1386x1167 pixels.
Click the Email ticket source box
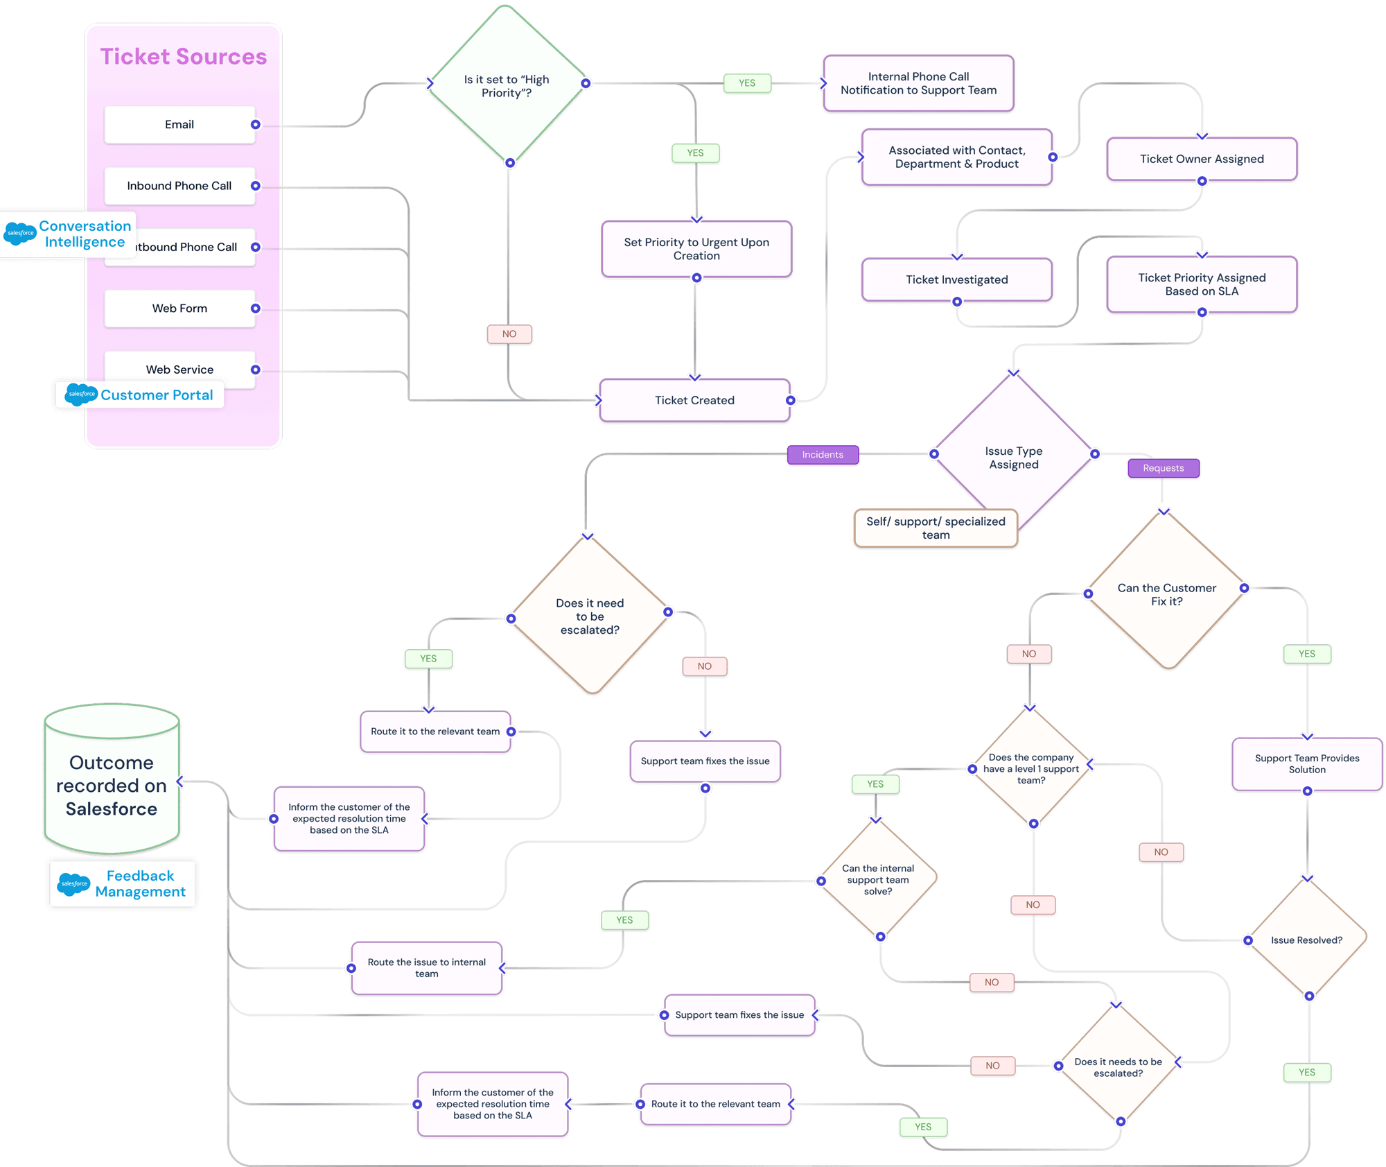[x=179, y=125]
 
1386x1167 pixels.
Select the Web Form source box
[x=179, y=309]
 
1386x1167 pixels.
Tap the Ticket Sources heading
[x=183, y=57]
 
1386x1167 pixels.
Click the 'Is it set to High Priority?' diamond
[x=507, y=86]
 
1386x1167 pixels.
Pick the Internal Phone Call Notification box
[x=918, y=84]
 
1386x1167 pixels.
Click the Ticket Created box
[x=694, y=401]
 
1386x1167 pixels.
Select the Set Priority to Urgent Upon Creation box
[x=696, y=249]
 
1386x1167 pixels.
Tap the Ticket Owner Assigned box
[x=1202, y=159]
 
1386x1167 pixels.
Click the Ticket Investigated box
[x=956, y=279]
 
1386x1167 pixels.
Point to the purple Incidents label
[x=823, y=455]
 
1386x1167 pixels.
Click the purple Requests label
[x=1163, y=468]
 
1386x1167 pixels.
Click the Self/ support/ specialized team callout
[x=936, y=528]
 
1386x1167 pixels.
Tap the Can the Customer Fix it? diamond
[x=1166, y=594]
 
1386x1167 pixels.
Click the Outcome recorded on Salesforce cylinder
[x=112, y=785]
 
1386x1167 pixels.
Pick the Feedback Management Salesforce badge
[x=123, y=884]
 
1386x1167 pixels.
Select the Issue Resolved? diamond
[x=1306, y=940]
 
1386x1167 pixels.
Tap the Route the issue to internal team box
[x=426, y=968]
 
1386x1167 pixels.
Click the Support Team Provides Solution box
[x=1306, y=763]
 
